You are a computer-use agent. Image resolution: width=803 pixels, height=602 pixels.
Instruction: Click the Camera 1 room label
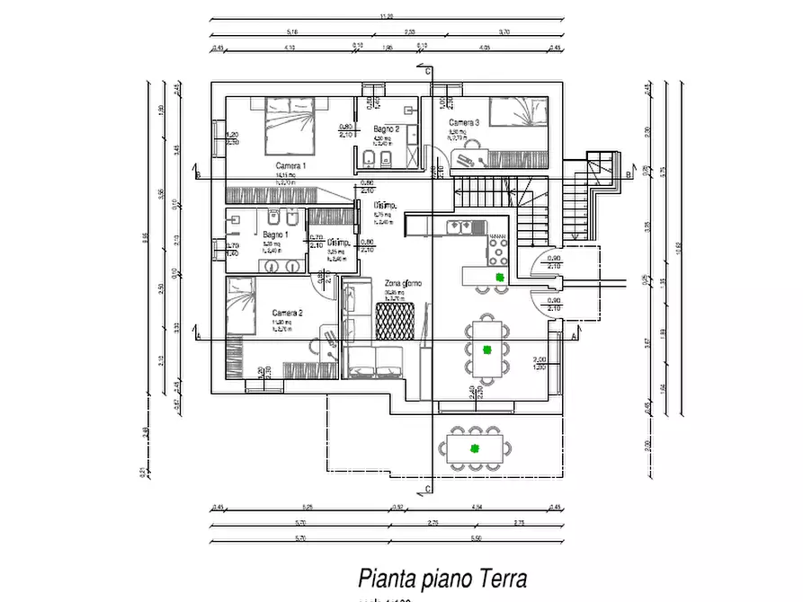[x=290, y=166]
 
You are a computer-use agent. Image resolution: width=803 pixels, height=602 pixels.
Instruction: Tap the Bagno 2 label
[x=387, y=129]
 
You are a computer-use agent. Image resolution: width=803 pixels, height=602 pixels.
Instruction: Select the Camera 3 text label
[x=464, y=122]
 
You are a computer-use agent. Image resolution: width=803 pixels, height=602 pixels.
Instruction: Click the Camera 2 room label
[x=287, y=313]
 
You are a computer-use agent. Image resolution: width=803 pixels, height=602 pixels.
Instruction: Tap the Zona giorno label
[x=403, y=283]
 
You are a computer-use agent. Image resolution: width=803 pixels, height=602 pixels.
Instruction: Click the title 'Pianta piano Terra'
[x=442, y=577]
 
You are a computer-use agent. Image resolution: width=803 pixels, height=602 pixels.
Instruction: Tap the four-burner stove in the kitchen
[x=497, y=243]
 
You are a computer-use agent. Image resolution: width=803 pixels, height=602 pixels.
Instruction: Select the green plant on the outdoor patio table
[x=473, y=447]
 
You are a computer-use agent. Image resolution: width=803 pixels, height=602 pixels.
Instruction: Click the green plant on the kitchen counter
[x=498, y=276]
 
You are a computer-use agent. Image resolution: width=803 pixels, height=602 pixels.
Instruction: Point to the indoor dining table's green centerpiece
[x=486, y=349]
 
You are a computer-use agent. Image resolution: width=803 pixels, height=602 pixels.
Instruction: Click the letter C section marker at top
[x=429, y=71]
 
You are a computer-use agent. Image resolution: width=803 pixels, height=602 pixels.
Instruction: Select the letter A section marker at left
[x=196, y=335]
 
